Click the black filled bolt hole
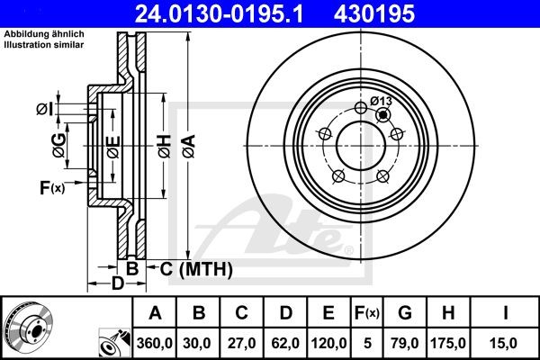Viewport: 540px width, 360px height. (x=384, y=114)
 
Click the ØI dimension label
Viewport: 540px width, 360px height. (x=45, y=109)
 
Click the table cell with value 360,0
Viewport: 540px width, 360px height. (x=154, y=342)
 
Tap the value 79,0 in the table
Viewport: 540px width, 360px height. (x=405, y=342)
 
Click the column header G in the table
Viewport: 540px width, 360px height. (x=405, y=313)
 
